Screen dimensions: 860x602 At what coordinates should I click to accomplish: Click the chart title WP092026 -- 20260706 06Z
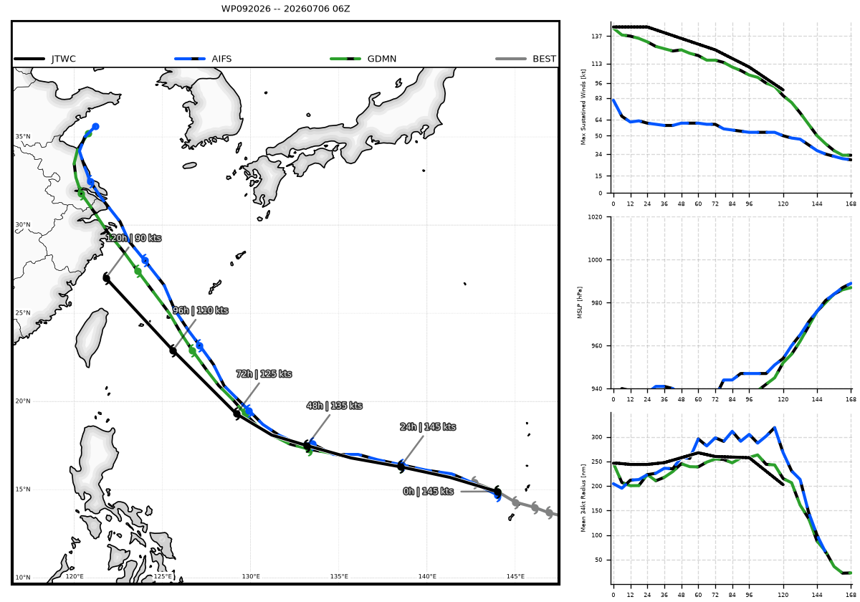click(x=285, y=9)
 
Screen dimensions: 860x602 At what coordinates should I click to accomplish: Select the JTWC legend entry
click(x=45, y=59)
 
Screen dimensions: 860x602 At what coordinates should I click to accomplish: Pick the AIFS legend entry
click(x=203, y=59)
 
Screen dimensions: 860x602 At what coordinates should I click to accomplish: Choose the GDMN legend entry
click(x=363, y=59)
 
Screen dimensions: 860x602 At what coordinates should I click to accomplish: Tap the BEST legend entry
click(x=525, y=59)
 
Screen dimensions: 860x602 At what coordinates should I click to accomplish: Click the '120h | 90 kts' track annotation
click(x=133, y=238)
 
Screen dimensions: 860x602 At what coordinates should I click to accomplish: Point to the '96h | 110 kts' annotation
click(x=201, y=310)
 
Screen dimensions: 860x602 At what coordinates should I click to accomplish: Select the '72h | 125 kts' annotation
click(x=264, y=374)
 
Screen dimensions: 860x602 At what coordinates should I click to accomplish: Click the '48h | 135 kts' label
click(x=335, y=406)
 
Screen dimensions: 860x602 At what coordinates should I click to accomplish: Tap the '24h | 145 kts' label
click(x=428, y=427)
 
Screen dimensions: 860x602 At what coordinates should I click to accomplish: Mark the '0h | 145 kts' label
click(x=429, y=492)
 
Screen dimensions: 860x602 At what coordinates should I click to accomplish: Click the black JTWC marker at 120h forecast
click(x=107, y=278)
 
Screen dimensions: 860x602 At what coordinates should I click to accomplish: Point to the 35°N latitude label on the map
click(x=23, y=137)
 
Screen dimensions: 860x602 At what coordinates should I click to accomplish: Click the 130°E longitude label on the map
click(x=251, y=576)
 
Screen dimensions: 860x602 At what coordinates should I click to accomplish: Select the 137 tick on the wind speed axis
click(x=596, y=36)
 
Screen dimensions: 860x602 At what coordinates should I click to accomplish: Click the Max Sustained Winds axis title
click(x=583, y=107)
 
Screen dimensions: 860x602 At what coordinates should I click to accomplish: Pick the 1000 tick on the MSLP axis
click(x=595, y=260)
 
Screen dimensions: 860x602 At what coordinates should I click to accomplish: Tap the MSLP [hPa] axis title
click(x=580, y=302)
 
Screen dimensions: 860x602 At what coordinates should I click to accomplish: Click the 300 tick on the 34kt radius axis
click(x=596, y=437)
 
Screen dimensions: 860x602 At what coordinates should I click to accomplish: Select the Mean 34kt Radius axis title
click(x=583, y=497)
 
